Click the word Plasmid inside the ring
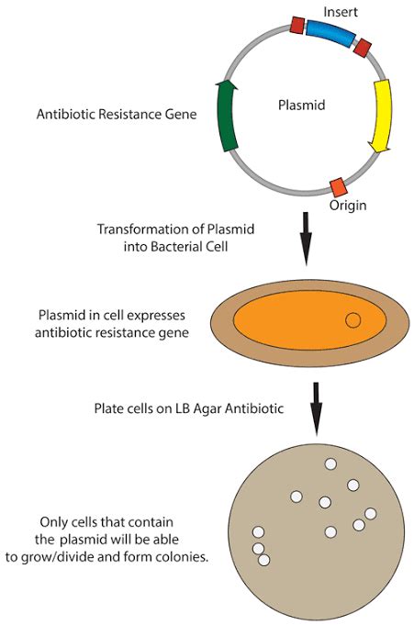pos(302,106)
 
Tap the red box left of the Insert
pos(297,25)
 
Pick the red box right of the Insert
pos(363,47)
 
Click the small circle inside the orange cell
pos(352,319)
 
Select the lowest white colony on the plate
pos(263,559)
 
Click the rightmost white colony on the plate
pos(371,514)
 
